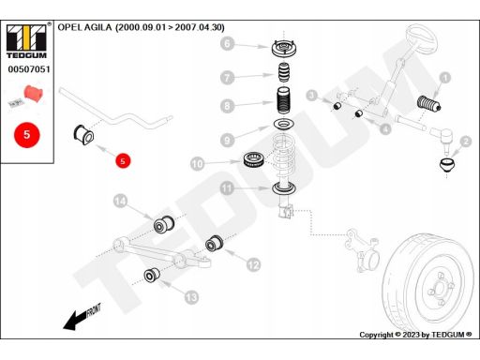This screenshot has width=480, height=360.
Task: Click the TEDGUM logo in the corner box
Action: [x=26, y=41]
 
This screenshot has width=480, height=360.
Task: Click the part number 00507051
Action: [x=29, y=69]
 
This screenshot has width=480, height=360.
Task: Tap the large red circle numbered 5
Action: [x=27, y=135]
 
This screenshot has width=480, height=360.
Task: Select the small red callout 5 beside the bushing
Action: [x=123, y=161]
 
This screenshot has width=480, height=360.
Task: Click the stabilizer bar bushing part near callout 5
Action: [x=83, y=135]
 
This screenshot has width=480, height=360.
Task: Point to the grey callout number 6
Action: [x=227, y=43]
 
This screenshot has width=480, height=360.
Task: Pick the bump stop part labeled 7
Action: [x=284, y=72]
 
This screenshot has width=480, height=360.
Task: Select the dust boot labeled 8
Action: [x=284, y=100]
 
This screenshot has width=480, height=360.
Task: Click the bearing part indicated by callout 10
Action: [x=255, y=159]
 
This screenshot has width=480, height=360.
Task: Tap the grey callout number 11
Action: [x=227, y=188]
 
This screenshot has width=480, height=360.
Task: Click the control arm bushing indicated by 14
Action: [x=164, y=223]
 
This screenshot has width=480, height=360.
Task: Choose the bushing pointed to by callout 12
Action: [x=215, y=243]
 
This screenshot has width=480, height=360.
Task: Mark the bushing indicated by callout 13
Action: [x=152, y=275]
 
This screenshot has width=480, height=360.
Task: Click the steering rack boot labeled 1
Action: [x=429, y=103]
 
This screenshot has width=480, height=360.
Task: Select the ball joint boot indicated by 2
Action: [x=447, y=165]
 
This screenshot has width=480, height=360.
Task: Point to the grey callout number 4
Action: [x=386, y=128]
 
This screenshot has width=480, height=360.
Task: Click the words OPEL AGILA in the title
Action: [x=84, y=27]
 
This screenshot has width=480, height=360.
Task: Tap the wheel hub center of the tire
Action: [x=440, y=289]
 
